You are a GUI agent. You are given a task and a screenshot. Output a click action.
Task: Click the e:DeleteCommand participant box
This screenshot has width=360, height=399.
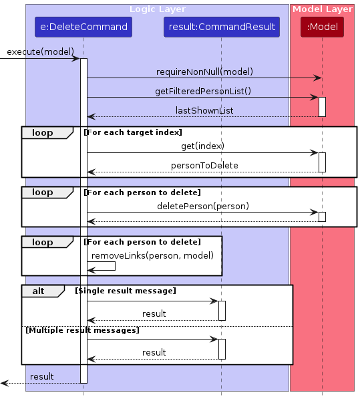click(x=83, y=27)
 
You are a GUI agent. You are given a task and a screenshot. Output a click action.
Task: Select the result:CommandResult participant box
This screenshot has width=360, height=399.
click(x=222, y=27)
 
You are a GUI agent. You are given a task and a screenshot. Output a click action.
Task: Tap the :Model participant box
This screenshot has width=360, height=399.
click(x=322, y=27)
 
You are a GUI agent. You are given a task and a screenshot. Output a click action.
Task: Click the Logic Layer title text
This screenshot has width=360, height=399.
click(x=158, y=9)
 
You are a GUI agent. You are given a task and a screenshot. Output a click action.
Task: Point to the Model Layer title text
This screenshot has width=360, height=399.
click(x=323, y=9)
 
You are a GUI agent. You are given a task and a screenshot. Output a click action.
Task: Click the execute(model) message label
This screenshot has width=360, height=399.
click(x=41, y=51)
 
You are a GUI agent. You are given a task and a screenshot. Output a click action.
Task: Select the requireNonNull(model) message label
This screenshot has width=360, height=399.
click(x=204, y=72)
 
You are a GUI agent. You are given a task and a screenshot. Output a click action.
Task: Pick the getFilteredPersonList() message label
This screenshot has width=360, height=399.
click(x=203, y=91)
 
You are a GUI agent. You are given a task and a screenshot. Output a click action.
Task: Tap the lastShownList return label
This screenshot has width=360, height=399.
click(x=204, y=110)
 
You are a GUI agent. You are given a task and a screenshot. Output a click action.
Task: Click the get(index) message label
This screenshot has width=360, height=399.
click(x=202, y=146)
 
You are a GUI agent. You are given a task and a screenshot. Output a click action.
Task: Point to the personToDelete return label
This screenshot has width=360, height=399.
click(x=204, y=165)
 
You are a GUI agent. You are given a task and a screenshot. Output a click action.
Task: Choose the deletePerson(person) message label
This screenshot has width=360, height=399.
click(x=203, y=206)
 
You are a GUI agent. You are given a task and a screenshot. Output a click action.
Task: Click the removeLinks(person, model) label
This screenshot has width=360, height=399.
click(x=152, y=255)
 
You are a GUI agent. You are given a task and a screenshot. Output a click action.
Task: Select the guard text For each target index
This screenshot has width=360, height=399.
click(x=133, y=132)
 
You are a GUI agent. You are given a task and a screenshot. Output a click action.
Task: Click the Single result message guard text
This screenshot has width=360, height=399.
click(x=126, y=291)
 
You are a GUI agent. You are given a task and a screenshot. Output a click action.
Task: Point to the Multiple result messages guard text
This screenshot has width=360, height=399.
click(x=83, y=330)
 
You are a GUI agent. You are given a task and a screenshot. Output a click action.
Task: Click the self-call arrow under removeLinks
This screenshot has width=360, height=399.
click(x=102, y=266)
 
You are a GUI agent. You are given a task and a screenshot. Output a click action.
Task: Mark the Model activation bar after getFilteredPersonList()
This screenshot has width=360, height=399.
click(x=322, y=107)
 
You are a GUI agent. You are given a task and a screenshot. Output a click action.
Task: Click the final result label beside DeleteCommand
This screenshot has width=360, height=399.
click(x=41, y=376)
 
